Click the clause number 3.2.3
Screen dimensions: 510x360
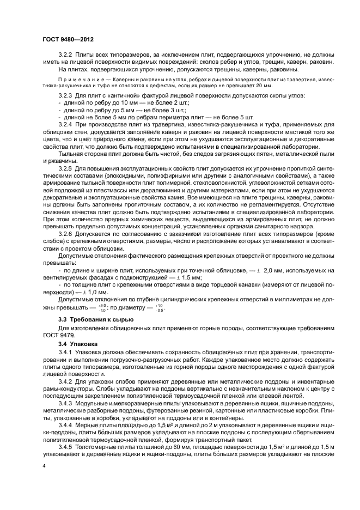pyautogui.click(x=66, y=96)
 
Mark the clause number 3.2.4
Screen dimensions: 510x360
pyautogui.click(x=66, y=125)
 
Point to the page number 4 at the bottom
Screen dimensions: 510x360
pyautogui.click(x=44, y=482)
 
